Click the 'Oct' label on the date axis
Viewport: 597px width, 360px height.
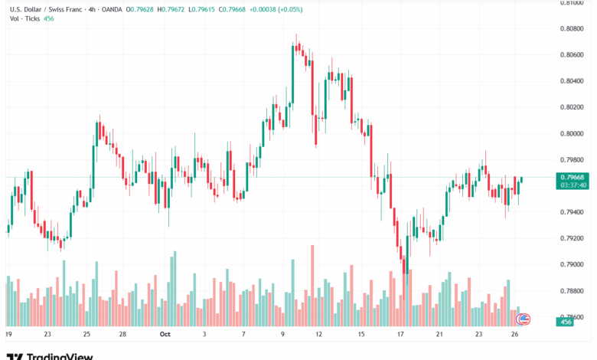coord(165,334)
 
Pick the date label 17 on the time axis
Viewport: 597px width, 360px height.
coord(400,334)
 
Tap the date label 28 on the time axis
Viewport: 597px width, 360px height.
coord(122,334)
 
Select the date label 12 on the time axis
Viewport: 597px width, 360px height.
coord(318,334)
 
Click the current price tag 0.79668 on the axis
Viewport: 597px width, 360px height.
coord(573,177)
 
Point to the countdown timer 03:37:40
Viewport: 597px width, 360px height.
coord(573,185)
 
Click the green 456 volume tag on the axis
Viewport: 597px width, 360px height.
coord(566,322)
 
